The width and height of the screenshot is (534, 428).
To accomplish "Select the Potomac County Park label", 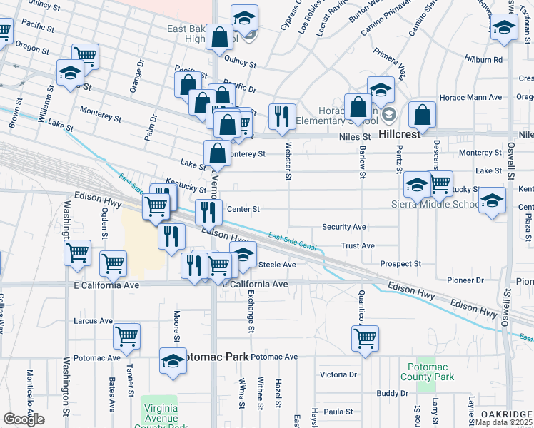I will point(427,372).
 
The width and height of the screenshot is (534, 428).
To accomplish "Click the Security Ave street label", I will point(344,227).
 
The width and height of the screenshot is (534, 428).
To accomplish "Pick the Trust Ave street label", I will point(358,246).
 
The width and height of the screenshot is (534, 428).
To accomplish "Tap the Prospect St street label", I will point(400,264).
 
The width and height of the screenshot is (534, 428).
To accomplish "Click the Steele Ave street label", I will point(276,265).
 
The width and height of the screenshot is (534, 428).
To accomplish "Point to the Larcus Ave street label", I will point(93,321).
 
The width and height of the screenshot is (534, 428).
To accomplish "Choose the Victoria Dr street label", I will point(338,374).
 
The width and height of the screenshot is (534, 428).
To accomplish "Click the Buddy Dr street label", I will point(392,393).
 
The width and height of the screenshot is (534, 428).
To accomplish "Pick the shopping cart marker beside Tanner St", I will point(126,335).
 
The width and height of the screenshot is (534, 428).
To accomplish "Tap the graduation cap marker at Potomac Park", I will point(173,361).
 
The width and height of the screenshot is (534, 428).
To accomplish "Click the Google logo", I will point(24,419).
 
